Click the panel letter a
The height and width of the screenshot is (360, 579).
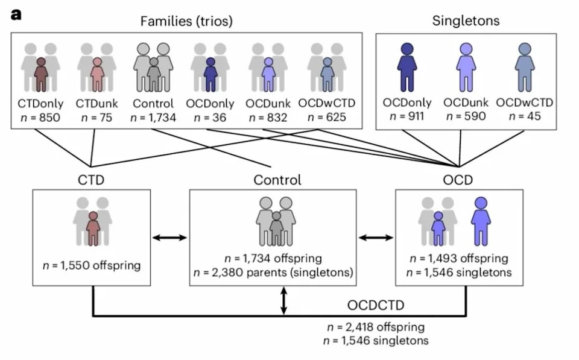point(16,14)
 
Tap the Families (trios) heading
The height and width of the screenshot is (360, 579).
point(186,21)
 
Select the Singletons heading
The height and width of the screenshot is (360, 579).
point(466,21)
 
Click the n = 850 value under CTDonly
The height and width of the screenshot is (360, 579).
point(40,118)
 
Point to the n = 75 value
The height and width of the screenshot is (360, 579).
point(96,118)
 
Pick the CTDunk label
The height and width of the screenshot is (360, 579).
point(96,103)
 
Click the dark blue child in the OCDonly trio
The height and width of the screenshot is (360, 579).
point(210,74)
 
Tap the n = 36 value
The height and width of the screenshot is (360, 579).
point(210,118)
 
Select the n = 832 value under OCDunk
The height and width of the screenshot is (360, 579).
point(268,118)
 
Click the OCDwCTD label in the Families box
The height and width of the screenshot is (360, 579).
point(326,103)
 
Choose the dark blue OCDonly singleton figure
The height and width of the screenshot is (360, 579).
point(407,67)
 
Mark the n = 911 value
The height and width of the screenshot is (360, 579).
point(407,116)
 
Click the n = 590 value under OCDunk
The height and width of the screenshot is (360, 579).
point(466,116)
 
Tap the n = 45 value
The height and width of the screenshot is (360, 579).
point(524,116)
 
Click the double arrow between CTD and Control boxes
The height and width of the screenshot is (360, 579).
point(170,238)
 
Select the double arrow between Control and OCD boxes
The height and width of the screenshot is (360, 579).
point(376,238)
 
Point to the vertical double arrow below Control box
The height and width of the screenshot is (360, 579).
point(283,301)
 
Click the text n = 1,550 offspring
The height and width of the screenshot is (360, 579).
point(92,265)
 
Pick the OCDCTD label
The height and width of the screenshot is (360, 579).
point(376,305)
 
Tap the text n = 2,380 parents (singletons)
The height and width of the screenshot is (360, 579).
point(273,273)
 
